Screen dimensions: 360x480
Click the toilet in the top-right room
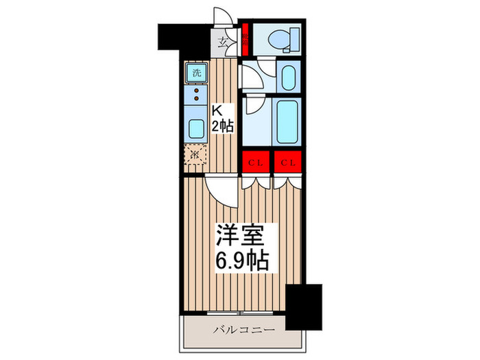[283, 38]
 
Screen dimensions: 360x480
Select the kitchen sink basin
[196, 128]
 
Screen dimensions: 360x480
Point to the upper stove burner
[196, 90]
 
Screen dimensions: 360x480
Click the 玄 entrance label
[224, 43]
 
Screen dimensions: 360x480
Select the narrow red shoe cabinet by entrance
[244, 38]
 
